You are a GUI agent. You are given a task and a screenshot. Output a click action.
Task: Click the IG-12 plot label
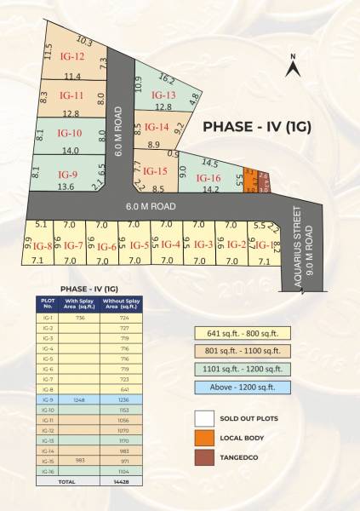coord(72,57)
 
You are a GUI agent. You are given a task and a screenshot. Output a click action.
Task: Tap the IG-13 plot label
coord(163,95)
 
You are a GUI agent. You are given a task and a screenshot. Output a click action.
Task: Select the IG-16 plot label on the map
coord(209,178)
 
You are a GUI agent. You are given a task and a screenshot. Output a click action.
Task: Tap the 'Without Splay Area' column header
coord(121,304)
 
